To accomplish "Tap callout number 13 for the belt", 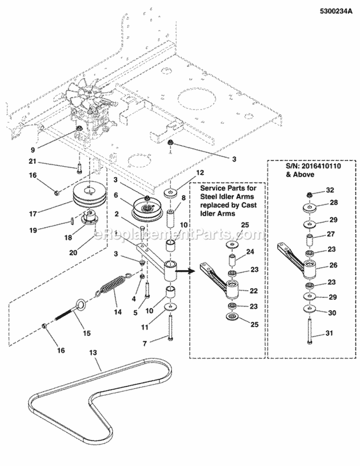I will tap(93, 353).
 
